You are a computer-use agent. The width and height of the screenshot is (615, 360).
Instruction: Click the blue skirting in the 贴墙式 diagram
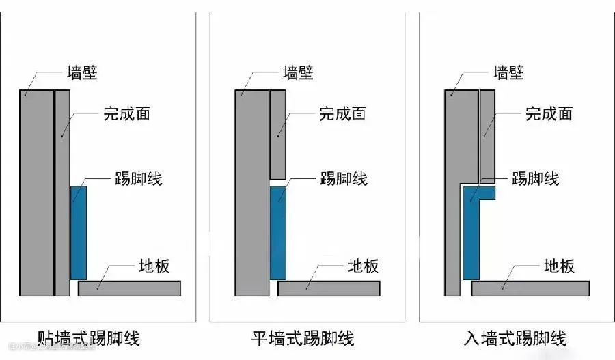[79, 233]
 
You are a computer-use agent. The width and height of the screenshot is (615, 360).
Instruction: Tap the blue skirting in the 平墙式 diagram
[277, 233]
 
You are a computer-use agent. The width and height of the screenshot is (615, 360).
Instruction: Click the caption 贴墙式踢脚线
[90, 337]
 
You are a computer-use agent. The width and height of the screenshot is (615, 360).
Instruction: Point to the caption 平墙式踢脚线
[303, 337]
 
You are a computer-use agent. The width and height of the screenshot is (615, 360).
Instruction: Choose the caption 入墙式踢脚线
[515, 337]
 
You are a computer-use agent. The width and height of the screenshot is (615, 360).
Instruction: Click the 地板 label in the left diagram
[153, 266]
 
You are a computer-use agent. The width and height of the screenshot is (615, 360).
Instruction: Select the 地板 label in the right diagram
[558, 266]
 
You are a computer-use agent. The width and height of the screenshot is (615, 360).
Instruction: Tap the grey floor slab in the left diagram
[129, 288]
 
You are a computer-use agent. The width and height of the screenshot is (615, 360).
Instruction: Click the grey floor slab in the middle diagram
[329, 288]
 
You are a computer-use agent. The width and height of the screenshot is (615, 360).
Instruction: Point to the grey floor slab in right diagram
[530, 288]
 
